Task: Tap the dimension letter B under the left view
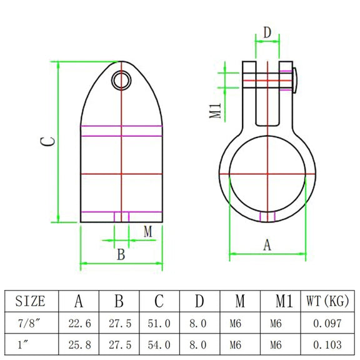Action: coord(121,254)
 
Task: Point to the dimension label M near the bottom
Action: coord(148,232)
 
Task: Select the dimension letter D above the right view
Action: coord(267,32)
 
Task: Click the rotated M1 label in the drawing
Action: coord(216,111)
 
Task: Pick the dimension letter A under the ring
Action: coord(267,245)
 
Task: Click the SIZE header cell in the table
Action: coord(30,301)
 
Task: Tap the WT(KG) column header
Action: coord(327,301)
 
